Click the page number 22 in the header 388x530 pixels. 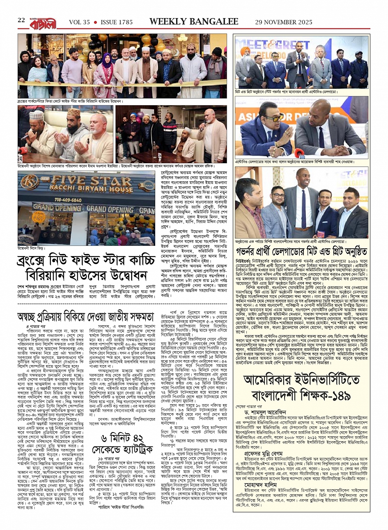[x=21, y=21]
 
